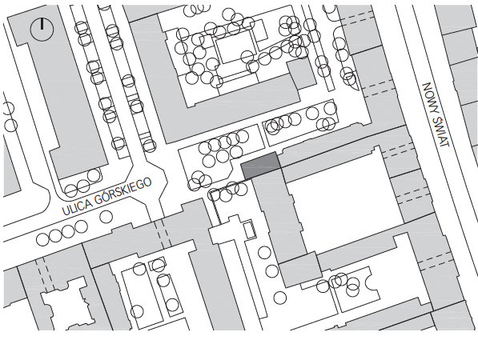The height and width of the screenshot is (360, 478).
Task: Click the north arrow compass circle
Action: (x=42, y=30)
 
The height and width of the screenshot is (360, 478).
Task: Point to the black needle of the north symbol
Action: (x=42, y=24)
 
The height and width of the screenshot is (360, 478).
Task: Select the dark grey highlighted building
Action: (x=261, y=166)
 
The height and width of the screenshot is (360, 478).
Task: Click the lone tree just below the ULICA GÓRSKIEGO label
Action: (x=106, y=217)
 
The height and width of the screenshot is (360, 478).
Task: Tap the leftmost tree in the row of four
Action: (x=42, y=239)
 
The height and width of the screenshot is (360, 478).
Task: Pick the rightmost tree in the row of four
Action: (x=81, y=227)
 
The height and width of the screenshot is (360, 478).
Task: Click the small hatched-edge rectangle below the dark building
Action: (x=249, y=229)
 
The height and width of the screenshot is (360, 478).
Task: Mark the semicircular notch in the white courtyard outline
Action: (x=370, y=281)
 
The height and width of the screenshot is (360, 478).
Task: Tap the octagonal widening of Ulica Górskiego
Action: (x=156, y=180)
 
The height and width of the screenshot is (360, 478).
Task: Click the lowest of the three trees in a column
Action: (x=280, y=298)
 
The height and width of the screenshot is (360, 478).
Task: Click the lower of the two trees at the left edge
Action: (x=10, y=125)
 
